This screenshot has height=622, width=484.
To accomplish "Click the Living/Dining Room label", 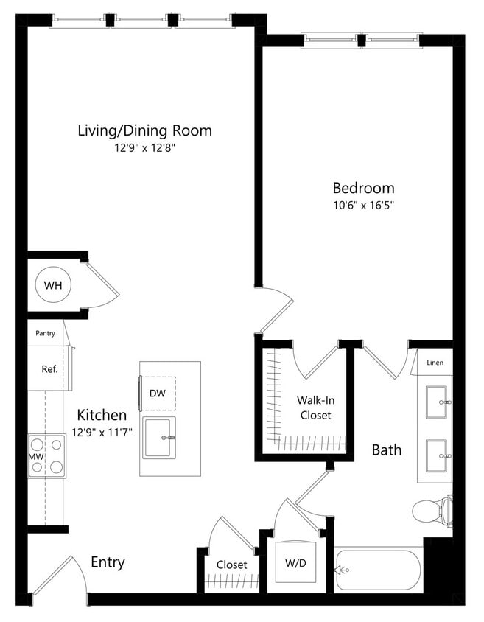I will point(144,130).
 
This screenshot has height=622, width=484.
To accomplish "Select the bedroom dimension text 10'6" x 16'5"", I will point(363,206).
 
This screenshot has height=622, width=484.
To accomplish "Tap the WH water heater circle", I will point(52,284).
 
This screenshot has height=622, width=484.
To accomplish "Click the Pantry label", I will point(45,333).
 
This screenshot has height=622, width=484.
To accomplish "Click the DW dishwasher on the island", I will point(158,394).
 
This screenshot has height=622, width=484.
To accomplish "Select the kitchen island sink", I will point(158,438).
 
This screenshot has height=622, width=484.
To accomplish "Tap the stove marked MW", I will point(46,456).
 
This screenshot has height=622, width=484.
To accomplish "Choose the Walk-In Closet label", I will point(314,408).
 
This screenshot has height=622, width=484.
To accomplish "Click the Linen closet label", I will point(435,363).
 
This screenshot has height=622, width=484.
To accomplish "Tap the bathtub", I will point(377,570).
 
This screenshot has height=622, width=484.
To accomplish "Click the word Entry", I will point(108,562).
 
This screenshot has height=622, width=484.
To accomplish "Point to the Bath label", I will point(386,449).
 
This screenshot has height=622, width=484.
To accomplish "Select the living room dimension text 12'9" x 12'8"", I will point(144,148).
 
